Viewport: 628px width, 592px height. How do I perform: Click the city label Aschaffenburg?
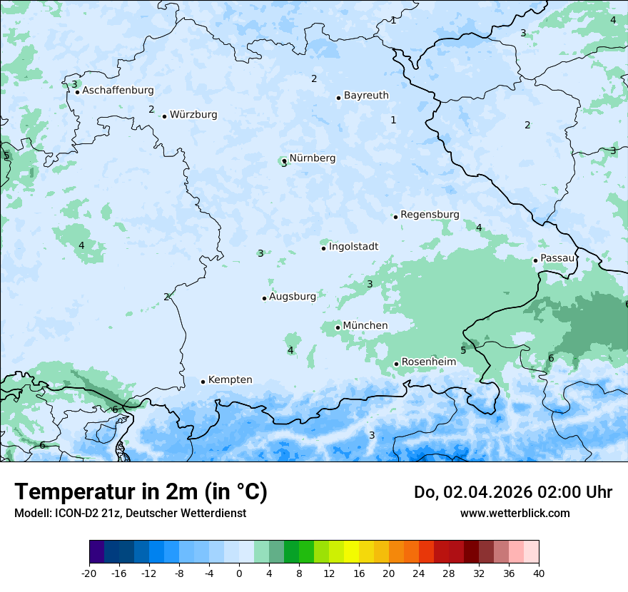[x=118, y=91]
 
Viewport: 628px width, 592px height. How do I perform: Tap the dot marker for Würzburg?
[x=164, y=116]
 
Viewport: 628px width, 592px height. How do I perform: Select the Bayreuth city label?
[x=366, y=96]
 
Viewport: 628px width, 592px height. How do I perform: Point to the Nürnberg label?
[x=312, y=158]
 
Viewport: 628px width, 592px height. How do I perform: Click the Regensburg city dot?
[x=395, y=217]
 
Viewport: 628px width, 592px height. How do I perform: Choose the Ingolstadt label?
[x=353, y=247]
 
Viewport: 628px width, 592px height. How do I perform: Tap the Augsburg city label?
[x=292, y=297]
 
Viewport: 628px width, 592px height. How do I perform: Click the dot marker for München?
[x=338, y=327]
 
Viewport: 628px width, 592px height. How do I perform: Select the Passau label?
[x=557, y=258]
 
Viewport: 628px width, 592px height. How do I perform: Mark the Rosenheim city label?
[x=428, y=362]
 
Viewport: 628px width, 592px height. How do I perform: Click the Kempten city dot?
[x=203, y=382]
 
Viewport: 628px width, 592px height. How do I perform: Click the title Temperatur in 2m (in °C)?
[x=141, y=491]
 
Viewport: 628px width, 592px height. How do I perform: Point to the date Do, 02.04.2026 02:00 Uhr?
[x=513, y=492]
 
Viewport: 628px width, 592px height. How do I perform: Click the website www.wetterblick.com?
[x=515, y=513]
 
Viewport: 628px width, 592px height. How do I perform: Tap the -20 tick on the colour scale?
[x=89, y=573]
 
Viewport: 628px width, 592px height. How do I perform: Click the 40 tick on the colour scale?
[x=539, y=573]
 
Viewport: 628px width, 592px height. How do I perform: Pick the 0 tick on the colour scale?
[x=239, y=573]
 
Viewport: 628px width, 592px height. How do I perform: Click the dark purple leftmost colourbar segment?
[x=96, y=552]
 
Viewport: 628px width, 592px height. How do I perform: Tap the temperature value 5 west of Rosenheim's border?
[x=462, y=350]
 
